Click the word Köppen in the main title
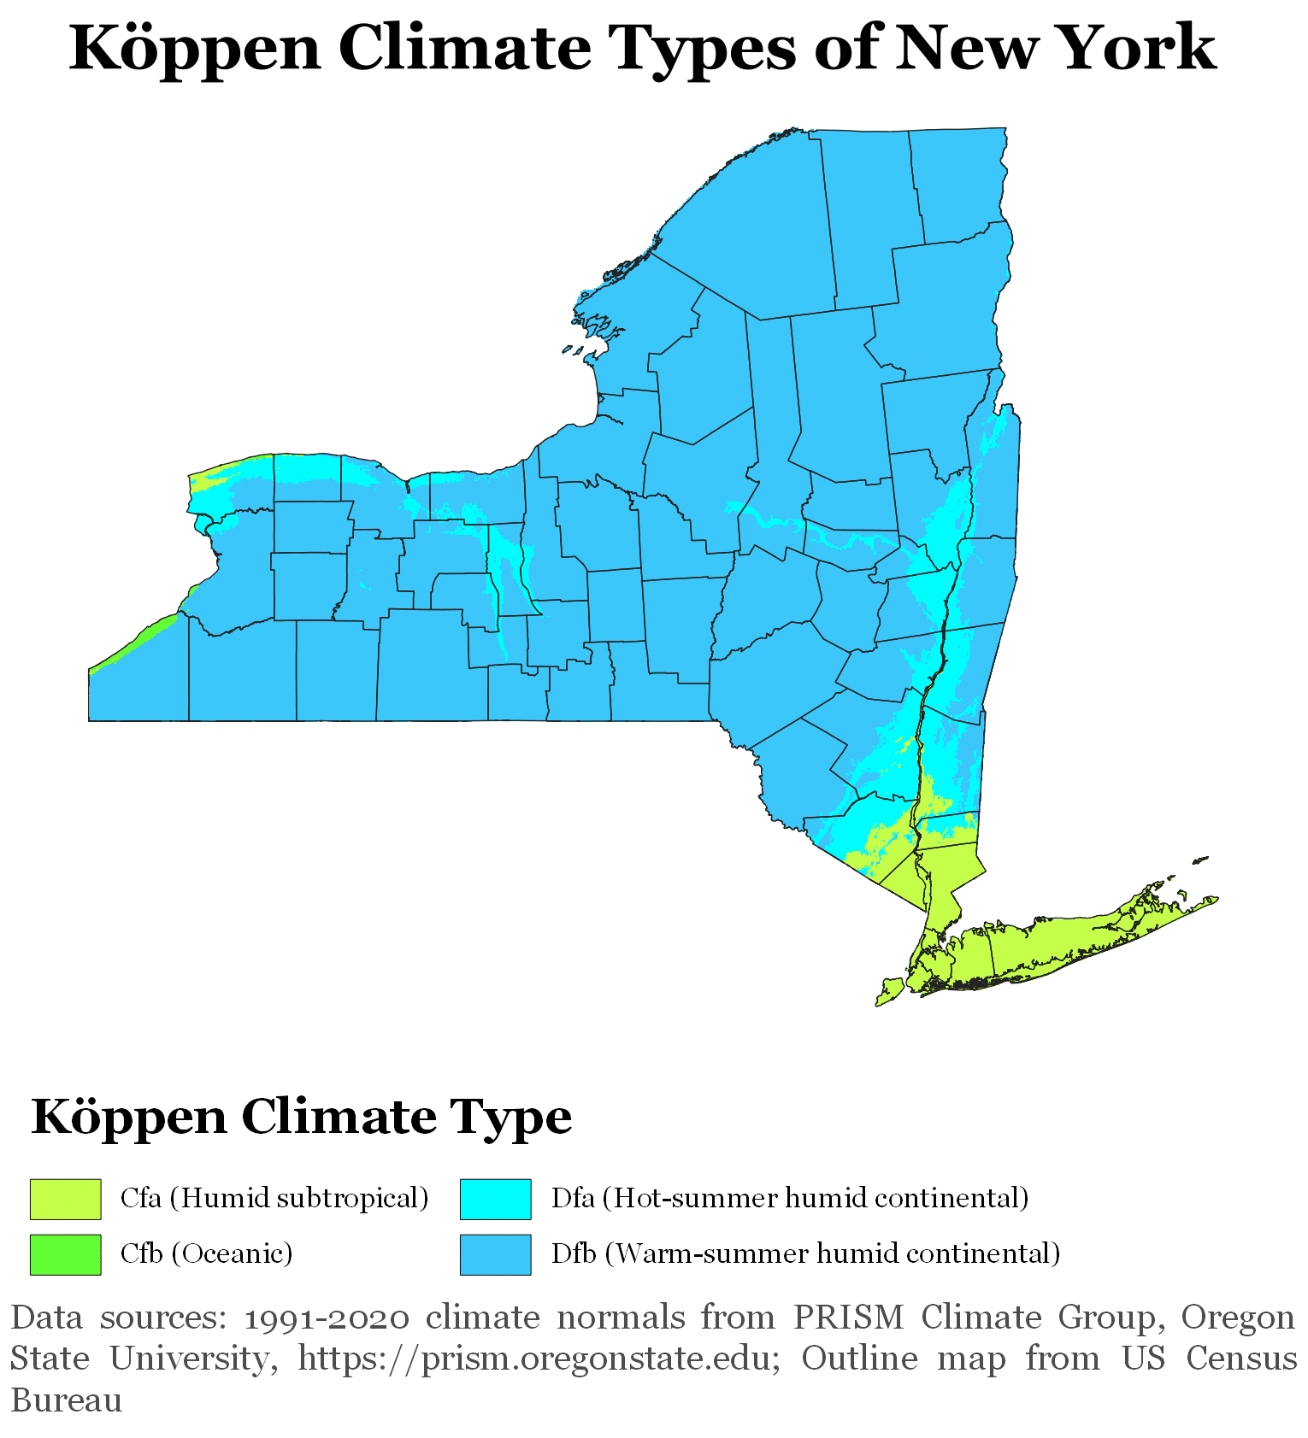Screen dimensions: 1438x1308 [195, 48]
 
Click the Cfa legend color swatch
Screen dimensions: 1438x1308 [65, 1199]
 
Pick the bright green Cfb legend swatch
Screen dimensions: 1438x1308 [65, 1254]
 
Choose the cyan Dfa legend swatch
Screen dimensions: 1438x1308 [495, 1199]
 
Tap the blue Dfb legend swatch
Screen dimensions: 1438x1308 [495, 1254]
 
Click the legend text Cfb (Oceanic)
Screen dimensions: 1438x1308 [206, 1253]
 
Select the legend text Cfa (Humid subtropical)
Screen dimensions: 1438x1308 [274, 1198]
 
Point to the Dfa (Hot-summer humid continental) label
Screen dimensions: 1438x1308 [789, 1198]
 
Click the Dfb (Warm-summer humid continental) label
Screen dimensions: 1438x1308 [805, 1253]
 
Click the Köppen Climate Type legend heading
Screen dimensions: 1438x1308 [301, 1117]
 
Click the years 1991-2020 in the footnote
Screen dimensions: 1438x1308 [327, 1318]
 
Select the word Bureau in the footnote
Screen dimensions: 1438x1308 [67, 1400]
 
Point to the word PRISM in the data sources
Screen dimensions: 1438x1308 [848, 1318]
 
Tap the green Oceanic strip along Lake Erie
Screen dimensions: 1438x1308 [137, 641]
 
